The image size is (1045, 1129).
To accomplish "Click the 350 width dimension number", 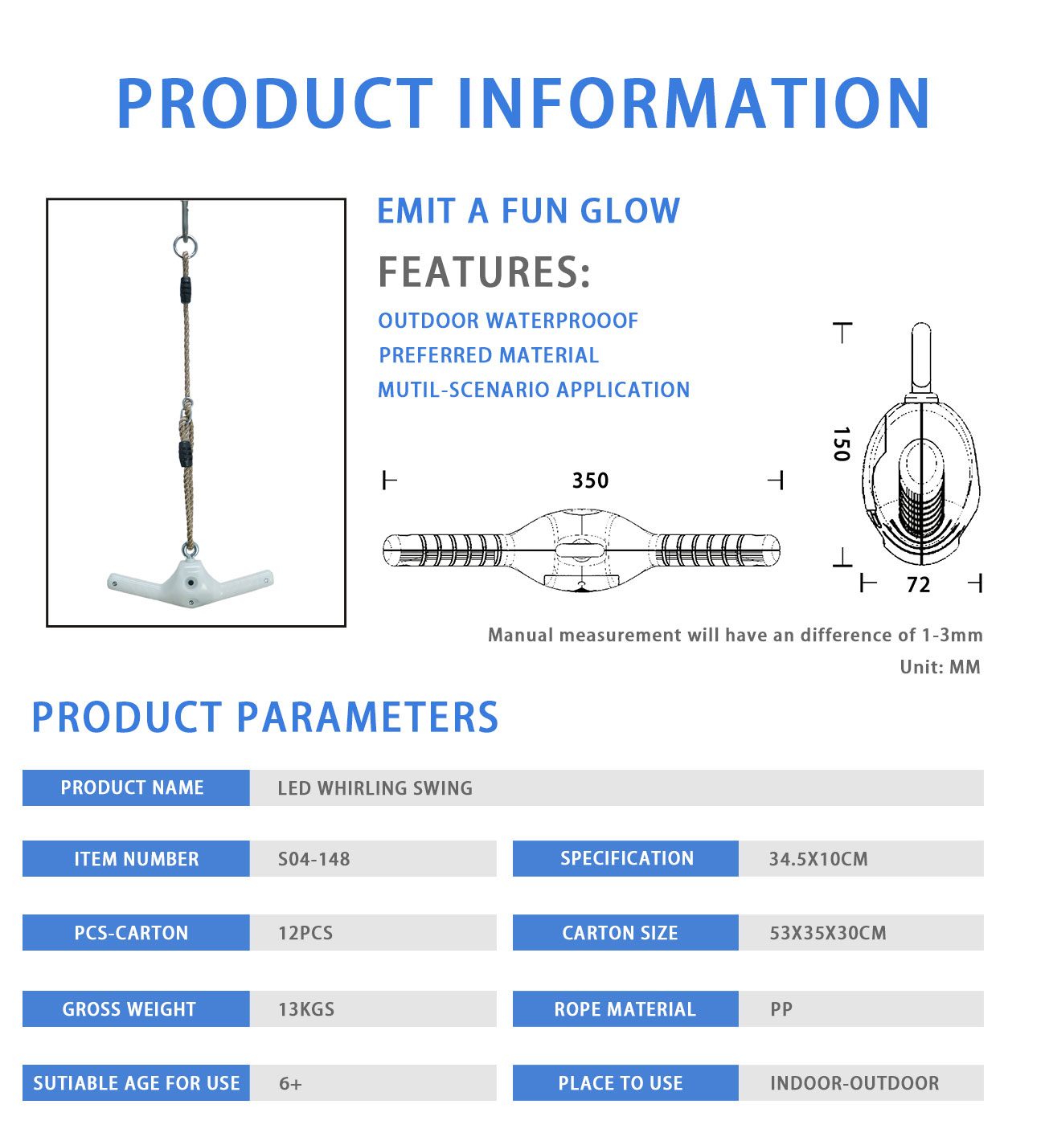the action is (x=590, y=481).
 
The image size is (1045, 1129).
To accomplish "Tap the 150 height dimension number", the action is (x=842, y=444).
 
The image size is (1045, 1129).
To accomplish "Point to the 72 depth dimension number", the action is (x=918, y=585).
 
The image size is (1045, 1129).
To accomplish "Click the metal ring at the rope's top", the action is (x=186, y=246).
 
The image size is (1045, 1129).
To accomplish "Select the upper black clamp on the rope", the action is (x=186, y=290).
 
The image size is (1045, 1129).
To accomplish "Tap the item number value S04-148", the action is (x=313, y=859).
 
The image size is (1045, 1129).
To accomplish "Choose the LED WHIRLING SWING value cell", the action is (x=616, y=788).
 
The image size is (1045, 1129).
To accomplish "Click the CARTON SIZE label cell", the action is (x=625, y=933).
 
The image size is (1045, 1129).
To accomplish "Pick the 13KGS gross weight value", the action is (x=306, y=1009).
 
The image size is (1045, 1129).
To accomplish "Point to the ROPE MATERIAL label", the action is (x=625, y=1009).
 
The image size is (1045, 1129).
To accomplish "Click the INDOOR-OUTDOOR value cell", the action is (x=861, y=1083).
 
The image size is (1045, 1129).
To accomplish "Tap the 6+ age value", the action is (x=290, y=1083).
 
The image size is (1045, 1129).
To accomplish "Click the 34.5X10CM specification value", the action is (x=818, y=859).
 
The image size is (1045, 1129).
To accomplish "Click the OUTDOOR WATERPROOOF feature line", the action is (x=508, y=321).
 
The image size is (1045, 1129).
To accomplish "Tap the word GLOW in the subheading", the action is (x=629, y=211).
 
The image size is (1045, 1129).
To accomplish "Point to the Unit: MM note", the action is (x=940, y=667).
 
